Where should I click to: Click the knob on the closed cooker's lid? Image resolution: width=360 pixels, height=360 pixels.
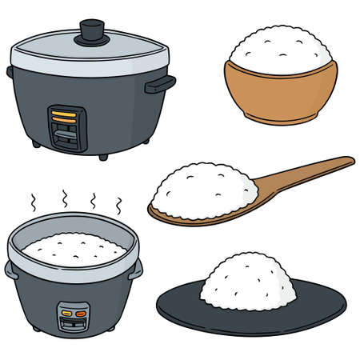93,30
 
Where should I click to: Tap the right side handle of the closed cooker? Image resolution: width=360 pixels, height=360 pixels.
160,83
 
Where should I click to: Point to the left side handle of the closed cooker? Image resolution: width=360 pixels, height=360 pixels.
10,73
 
